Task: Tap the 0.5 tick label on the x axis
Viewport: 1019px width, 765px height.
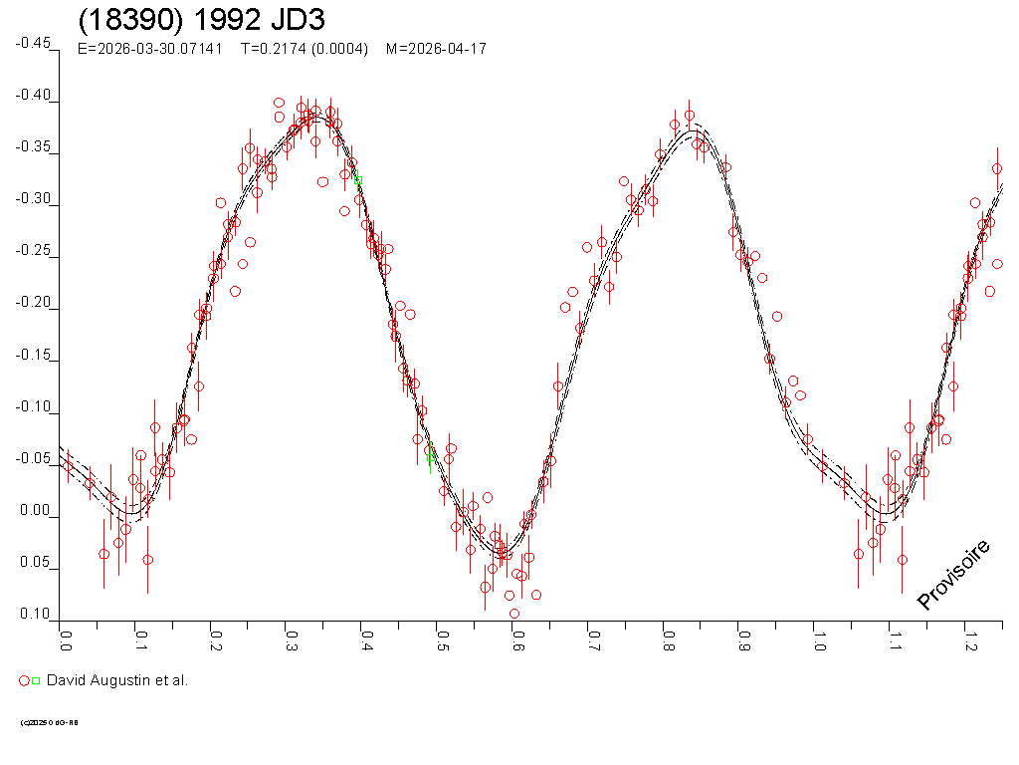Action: click(x=442, y=636)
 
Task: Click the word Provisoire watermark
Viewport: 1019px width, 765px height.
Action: click(x=953, y=575)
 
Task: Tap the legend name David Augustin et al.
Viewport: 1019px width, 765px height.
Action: click(x=117, y=680)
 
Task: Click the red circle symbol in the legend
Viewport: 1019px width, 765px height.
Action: click(x=24, y=680)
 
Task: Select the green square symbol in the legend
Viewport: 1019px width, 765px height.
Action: click(x=36, y=680)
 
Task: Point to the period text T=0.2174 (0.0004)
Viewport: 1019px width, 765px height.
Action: click(x=305, y=49)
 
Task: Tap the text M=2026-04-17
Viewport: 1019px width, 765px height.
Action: click(x=436, y=49)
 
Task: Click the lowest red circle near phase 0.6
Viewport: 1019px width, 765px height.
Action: click(x=514, y=614)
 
